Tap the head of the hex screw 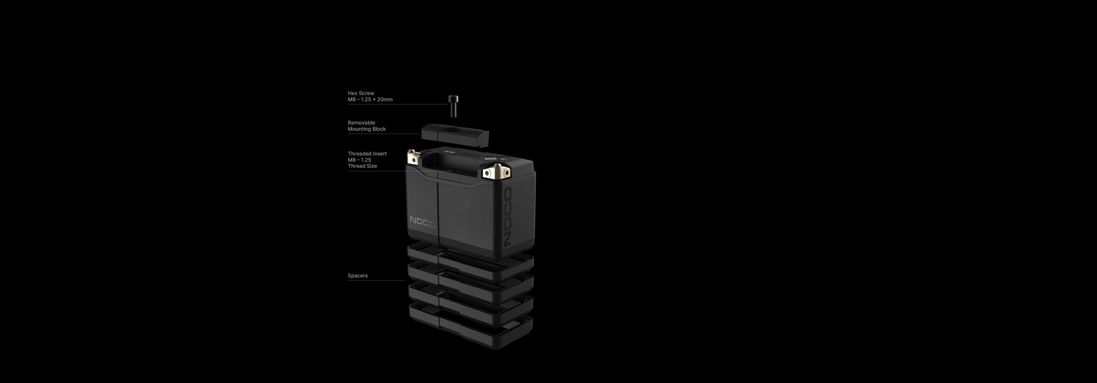coord(452,99)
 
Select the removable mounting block coord(455,137)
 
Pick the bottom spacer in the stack coord(471,326)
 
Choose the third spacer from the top coord(471,303)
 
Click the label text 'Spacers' coord(357,276)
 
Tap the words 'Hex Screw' coord(361,93)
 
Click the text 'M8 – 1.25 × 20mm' coord(370,100)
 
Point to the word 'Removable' coord(361,123)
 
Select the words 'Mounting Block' coord(366,129)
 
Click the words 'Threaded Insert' coord(367,154)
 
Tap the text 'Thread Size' coord(362,166)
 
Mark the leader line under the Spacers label coord(376,281)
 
